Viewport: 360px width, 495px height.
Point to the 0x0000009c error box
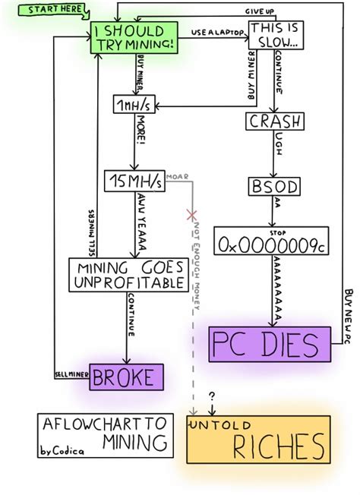(274, 243)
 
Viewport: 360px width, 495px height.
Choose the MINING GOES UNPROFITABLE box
(127, 275)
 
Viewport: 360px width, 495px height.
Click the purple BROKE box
(126, 376)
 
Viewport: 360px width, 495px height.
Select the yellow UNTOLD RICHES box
(259, 440)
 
